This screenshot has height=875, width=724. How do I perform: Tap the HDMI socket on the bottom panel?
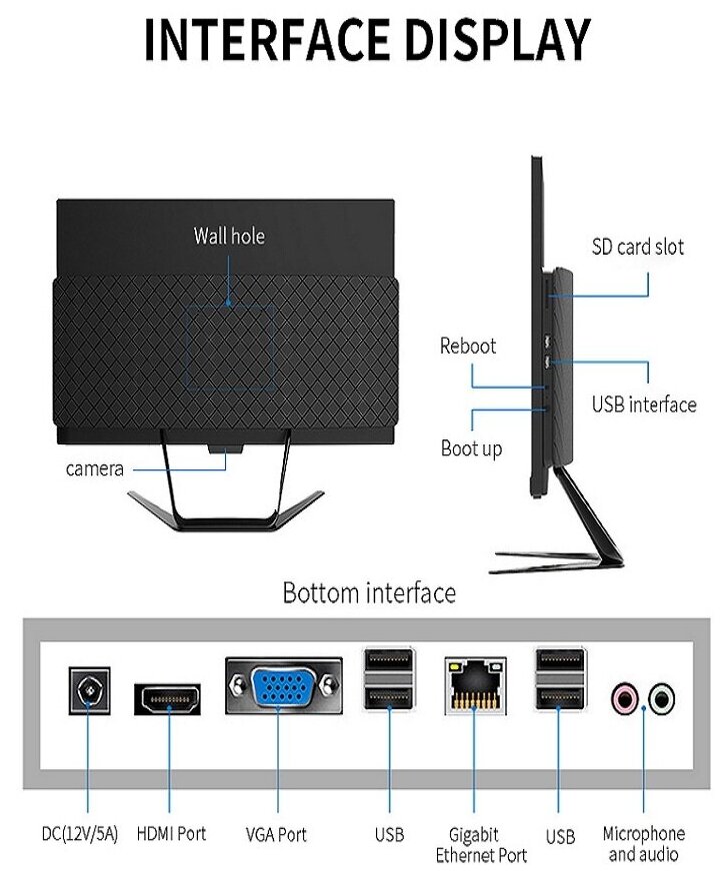pos(167,698)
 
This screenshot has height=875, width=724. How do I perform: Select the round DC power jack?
pos(88,691)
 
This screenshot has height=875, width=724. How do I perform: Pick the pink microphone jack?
pos(626,697)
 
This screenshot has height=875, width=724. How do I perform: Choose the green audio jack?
pos(660,697)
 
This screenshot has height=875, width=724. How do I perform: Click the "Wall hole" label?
pos(229,236)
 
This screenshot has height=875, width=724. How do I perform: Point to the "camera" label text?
pos(95,468)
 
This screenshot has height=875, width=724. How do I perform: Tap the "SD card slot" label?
pos(638,247)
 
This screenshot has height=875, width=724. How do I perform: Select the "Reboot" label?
pos(468,347)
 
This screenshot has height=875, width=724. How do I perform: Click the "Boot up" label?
pos(471,448)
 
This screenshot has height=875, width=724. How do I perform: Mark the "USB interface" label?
pos(643,405)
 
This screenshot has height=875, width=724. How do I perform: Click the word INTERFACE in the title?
pos(262,40)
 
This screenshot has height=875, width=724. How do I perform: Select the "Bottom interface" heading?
pos(369,592)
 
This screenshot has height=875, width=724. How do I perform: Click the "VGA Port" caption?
pos(276,834)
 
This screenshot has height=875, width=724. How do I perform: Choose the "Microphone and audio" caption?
pos(644,843)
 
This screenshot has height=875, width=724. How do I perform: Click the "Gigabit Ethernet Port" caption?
pos(480,844)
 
